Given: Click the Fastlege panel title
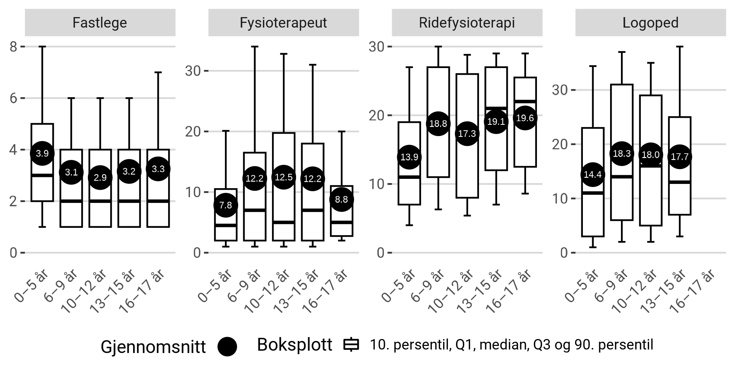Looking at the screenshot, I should tap(100, 23).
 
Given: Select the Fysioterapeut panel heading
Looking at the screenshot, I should tap(283, 23).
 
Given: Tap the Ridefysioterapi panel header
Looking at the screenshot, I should tap(467, 23).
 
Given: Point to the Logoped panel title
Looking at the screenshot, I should tap(650, 23).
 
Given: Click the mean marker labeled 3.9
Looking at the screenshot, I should tap(42, 153).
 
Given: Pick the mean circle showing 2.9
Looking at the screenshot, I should tap(100, 177).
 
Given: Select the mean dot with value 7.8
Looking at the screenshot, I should tap(226, 205).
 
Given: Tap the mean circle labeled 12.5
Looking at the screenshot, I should tap(283, 177).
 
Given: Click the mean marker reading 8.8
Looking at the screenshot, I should tap(341, 199).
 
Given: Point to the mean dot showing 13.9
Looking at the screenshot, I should tap(409, 157).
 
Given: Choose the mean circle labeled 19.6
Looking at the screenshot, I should tap(524, 118).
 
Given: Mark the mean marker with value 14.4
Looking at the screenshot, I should tap(593, 175).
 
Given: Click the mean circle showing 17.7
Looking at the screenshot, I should tap(679, 157).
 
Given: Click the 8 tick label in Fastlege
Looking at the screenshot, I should tap(13, 47).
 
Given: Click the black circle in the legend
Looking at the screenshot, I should tap(227, 346).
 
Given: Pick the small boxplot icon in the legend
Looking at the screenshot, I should tap(351, 345).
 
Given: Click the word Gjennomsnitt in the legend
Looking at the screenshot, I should tap(153, 346).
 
